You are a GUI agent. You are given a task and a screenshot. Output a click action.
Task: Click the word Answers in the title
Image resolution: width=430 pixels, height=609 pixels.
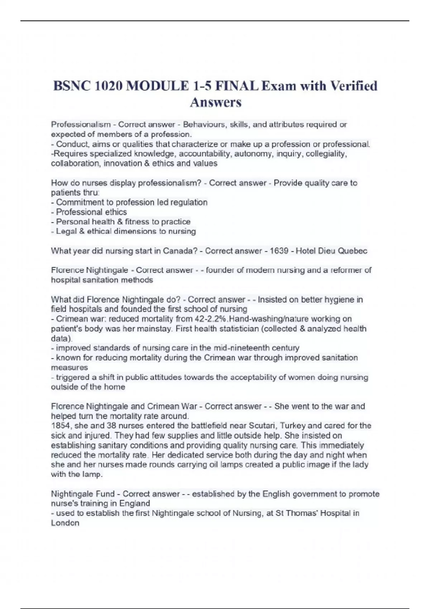[x=216, y=102]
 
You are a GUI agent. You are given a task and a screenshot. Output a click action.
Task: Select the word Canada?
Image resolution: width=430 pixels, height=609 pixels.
[x=180, y=251]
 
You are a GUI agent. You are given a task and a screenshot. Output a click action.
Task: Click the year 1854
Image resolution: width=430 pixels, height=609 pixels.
[x=61, y=426]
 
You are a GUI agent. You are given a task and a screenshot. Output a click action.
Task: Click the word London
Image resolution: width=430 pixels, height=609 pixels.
[x=65, y=523]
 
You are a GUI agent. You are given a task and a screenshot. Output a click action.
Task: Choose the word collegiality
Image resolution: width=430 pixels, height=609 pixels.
[x=326, y=154]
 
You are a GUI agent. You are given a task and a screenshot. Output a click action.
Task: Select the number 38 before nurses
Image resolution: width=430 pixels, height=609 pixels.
[x=111, y=426]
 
